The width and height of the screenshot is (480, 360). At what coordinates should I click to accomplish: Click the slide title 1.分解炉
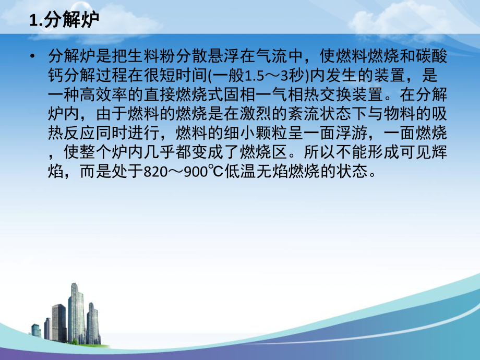tap(65, 20)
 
